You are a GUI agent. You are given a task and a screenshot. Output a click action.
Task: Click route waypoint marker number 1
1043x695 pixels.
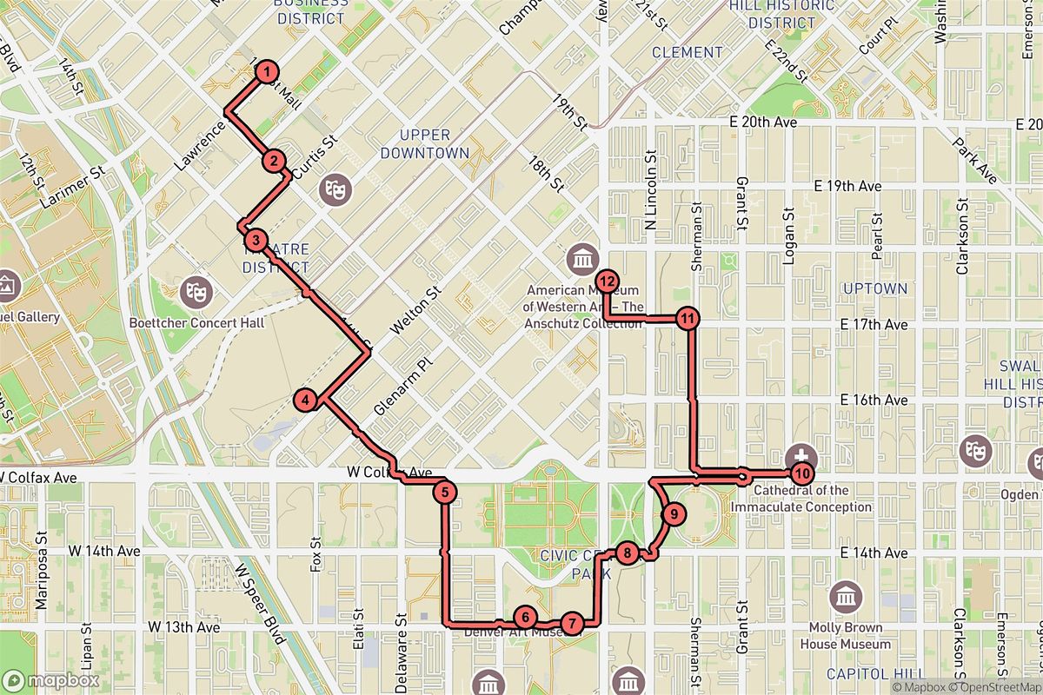coord(269,72)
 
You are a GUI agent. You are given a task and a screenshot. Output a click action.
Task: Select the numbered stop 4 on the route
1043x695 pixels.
coord(306,400)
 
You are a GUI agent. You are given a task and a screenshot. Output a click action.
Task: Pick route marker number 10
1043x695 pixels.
coord(801,473)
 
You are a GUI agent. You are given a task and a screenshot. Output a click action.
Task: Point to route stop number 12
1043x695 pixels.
coord(608,281)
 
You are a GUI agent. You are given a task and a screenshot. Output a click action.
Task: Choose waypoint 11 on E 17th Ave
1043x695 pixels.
coord(688,318)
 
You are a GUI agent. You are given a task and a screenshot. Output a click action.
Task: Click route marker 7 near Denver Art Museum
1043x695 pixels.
coord(571,623)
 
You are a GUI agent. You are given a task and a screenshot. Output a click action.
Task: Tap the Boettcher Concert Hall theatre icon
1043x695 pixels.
coord(196,292)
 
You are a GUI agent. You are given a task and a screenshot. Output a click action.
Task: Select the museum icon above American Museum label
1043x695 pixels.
coord(581,259)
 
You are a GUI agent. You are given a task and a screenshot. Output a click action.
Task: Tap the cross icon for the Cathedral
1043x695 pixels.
coord(801,455)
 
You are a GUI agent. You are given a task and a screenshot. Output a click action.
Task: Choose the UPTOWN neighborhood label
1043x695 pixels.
coord(874,288)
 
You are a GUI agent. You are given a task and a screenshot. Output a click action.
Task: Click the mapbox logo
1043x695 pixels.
coord(51,680)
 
